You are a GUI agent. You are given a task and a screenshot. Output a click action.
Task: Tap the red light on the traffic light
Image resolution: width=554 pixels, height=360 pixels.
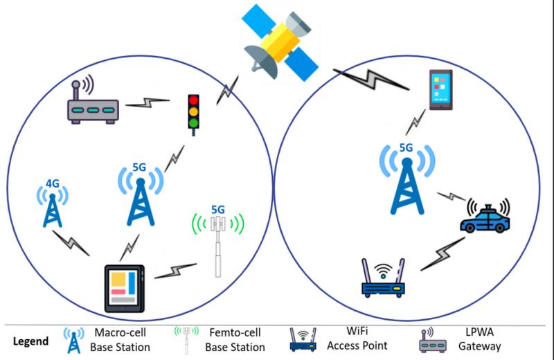[x=193, y=100]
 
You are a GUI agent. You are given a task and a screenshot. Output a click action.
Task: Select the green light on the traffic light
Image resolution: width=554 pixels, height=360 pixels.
[x=193, y=123]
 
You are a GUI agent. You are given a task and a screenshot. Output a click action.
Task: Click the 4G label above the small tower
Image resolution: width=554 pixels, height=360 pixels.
[x=53, y=183]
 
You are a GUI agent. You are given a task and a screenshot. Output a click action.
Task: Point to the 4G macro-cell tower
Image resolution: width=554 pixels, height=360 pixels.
[x=53, y=208]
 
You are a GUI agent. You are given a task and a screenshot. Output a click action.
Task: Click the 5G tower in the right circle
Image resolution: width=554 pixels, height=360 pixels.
[x=407, y=180]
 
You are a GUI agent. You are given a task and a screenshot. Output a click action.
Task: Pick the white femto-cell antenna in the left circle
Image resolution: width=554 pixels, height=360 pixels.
[x=218, y=246]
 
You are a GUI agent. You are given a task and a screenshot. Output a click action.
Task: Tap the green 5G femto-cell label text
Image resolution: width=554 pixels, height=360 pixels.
[x=218, y=210]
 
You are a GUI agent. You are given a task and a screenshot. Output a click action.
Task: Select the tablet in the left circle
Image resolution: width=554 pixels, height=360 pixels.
[x=125, y=288]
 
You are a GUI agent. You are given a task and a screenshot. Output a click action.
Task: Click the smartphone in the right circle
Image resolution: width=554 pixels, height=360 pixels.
[x=440, y=90]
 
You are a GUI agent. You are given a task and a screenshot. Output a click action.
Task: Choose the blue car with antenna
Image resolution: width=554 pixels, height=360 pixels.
[x=485, y=216]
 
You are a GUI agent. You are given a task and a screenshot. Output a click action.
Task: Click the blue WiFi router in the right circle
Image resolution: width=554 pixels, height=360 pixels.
[x=383, y=278]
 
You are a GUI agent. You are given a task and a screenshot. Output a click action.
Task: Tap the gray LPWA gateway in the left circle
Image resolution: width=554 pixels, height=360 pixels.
[x=93, y=102]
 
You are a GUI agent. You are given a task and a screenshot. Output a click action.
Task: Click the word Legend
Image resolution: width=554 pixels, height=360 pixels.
[x=30, y=341]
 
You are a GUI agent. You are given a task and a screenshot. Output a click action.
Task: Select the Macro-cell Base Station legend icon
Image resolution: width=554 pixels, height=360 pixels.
[x=74, y=340]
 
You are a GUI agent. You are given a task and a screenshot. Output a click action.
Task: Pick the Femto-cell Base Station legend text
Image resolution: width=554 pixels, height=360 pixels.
[x=235, y=340]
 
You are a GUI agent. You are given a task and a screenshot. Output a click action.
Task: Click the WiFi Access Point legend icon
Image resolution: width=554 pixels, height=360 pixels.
[x=303, y=340]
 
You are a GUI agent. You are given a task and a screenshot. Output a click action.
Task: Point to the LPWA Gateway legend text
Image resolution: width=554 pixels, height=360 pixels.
[x=479, y=339]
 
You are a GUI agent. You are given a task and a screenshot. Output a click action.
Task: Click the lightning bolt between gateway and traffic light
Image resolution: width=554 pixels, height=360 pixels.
[x=148, y=102]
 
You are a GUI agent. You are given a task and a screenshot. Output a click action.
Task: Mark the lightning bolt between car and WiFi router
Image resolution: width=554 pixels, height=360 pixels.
[x=443, y=253]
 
